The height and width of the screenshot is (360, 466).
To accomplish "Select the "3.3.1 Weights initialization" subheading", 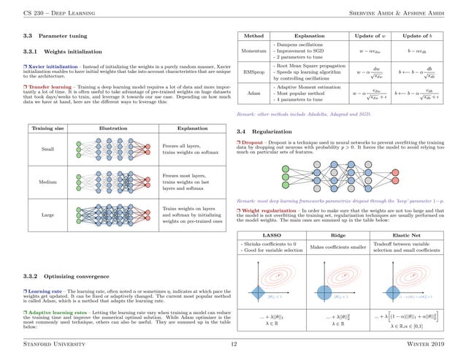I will pos(58,51).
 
